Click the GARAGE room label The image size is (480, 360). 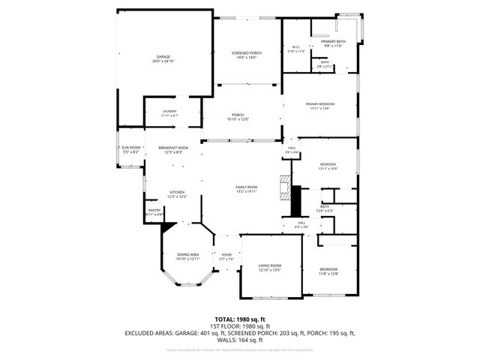(163, 56)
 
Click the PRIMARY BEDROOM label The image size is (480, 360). (319, 103)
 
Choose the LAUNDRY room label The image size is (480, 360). (169, 111)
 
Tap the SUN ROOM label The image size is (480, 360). (131, 148)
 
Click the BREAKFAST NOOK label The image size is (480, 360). (173, 148)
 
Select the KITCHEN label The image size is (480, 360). (177, 192)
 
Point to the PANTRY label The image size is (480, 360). (154, 210)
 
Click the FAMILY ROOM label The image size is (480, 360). (246, 187)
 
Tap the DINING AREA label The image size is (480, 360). (187, 254)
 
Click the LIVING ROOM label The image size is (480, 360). (270, 265)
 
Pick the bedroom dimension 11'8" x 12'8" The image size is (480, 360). (329, 274)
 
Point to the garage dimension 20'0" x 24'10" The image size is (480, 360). (163, 61)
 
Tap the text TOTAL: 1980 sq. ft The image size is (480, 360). (240, 319)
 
